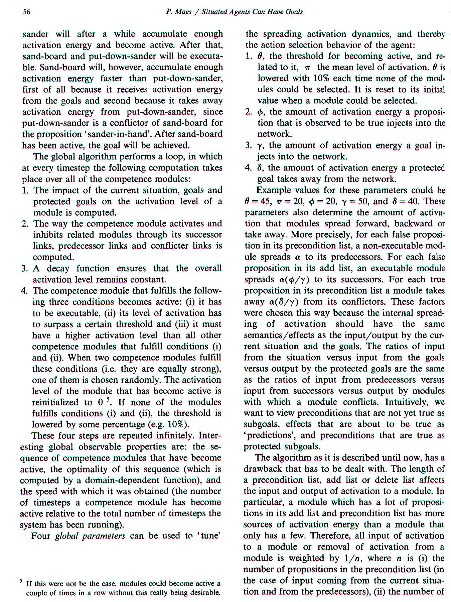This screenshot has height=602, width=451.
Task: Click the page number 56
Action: click(26, 12)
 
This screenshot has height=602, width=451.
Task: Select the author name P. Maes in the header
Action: click(179, 12)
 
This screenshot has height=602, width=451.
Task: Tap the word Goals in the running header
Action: click(294, 12)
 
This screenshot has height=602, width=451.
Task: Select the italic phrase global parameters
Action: click(90, 536)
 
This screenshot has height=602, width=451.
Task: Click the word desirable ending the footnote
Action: click(203, 593)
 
